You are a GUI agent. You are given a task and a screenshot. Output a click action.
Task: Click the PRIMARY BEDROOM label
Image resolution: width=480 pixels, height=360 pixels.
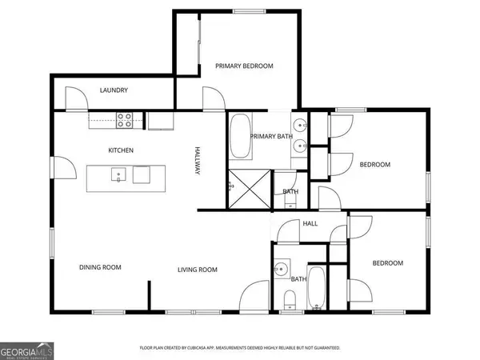(245, 66)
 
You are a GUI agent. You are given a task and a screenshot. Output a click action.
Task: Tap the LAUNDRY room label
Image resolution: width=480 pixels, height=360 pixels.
(114, 90)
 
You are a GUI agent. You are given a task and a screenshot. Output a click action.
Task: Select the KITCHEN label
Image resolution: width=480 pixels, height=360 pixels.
(121, 150)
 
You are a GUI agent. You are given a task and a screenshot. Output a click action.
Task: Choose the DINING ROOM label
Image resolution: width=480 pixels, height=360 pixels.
(99, 267)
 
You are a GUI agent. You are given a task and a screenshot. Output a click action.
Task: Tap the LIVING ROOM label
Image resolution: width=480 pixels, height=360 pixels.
(198, 270)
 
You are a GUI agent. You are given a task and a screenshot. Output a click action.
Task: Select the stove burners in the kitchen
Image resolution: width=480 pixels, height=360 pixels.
(125, 120)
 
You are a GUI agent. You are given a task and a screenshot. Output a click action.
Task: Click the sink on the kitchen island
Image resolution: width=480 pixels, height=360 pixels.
(118, 174)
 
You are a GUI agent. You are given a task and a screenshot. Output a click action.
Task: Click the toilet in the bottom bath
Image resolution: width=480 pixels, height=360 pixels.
(290, 301)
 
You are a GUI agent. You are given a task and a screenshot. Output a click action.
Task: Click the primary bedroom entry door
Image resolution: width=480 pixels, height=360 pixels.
(213, 100)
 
